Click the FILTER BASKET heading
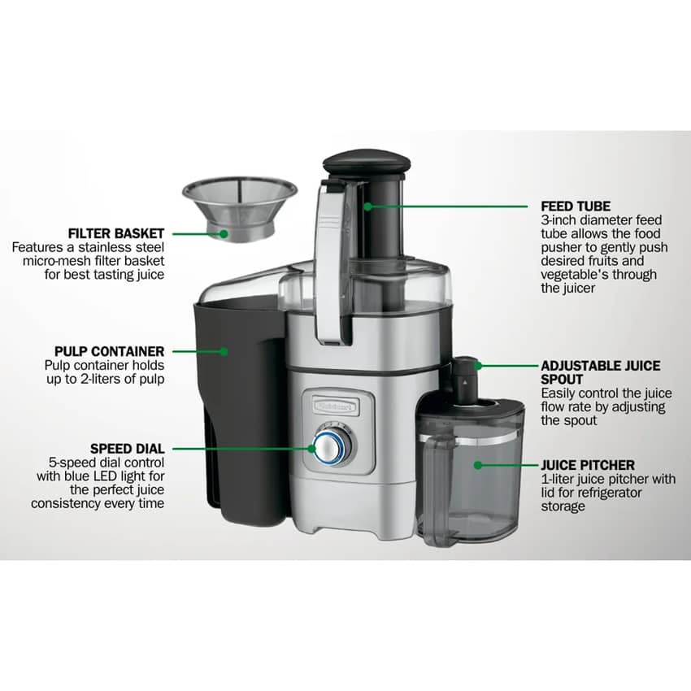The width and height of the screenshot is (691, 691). click(116, 233)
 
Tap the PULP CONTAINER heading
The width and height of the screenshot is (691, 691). click(109, 351)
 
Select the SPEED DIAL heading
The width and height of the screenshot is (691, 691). click(128, 449)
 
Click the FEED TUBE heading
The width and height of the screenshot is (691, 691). click(576, 206)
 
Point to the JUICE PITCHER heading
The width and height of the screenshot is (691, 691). click(588, 465)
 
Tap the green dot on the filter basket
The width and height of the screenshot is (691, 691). click(224, 234)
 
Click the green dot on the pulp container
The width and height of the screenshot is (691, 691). click(224, 351)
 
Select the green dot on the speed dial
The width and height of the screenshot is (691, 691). click(312, 449)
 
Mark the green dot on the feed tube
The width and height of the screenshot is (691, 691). click(368, 206)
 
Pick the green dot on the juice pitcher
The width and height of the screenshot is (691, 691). click(478, 465)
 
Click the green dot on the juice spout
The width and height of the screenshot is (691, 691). click(478, 366)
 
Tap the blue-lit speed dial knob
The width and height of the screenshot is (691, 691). click(332, 446)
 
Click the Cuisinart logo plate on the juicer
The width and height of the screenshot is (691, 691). click(336, 406)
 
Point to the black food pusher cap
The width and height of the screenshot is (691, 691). click(367, 162)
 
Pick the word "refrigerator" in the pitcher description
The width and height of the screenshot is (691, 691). click(610, 493)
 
